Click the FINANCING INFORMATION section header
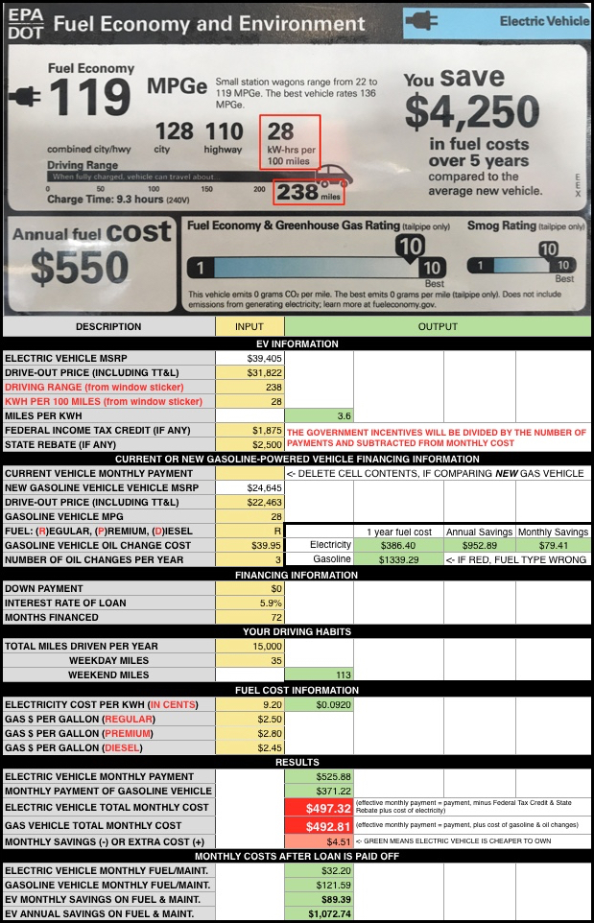pyautogui.click(x=297, y=574)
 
